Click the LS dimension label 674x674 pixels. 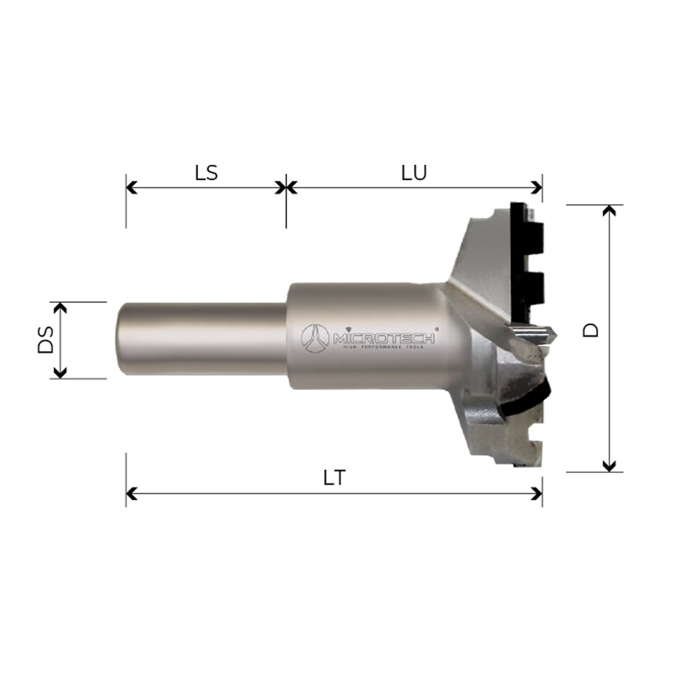point(206,173)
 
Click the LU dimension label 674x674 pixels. point(414,173)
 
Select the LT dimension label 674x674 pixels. point(335,478)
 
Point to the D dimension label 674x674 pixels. point(591,330)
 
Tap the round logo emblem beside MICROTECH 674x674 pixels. point(315,338)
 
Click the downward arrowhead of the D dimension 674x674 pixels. point(609,466)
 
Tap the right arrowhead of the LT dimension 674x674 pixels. point(537,494)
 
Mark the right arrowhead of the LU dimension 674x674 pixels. point(537,187)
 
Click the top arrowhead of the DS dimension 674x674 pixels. point(60,308)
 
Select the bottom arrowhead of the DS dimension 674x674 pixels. point(60,372)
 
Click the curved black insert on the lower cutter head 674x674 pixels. point(530,400)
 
